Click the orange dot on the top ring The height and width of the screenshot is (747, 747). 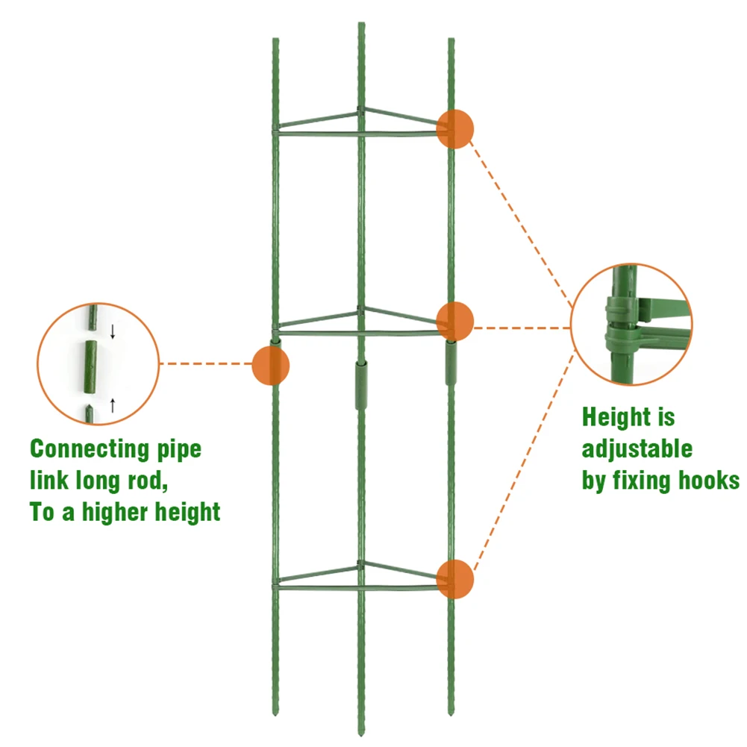coord(455,128)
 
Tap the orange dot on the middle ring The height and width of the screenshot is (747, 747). coord(455,320)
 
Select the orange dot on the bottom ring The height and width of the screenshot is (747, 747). coord(455,579)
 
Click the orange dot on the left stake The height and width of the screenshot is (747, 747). coord(271,366)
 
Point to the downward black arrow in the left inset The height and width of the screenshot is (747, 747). coord(113,331)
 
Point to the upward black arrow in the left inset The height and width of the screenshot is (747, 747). coord(113,405)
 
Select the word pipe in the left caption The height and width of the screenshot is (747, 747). coord(178,451)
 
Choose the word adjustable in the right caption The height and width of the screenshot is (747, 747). coord(637,449)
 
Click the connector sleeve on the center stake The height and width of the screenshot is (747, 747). coord(362,385)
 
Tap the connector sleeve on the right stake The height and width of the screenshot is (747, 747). coord(451,362)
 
